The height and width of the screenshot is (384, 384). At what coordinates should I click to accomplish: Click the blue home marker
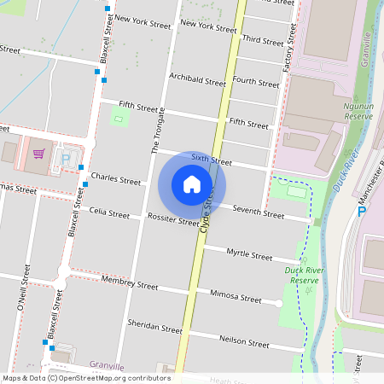point(192,184)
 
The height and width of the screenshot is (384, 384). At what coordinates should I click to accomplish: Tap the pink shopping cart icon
point(38,154)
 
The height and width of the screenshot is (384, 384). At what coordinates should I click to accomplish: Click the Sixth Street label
point(211,160)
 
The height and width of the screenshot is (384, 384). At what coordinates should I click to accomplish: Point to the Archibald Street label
point(197,81)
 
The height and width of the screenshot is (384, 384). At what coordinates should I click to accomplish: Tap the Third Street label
point(262,40)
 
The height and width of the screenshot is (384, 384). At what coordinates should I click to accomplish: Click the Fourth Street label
point(255,82)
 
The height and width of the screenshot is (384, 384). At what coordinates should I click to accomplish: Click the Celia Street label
point(109,212)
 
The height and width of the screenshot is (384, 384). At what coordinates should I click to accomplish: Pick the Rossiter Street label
point(172,220)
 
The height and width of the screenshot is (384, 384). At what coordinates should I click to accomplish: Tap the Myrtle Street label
point(249,254)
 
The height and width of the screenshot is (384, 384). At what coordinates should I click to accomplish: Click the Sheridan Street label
point(154,328)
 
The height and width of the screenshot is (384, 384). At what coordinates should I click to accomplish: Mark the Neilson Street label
point(245,341)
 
